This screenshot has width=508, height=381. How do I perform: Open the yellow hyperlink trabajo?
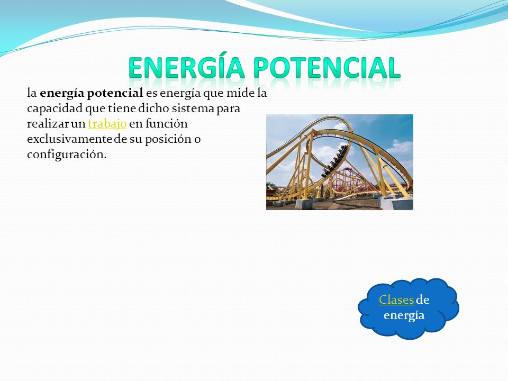coord(107,124)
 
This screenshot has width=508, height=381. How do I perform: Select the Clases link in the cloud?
coord(396,300)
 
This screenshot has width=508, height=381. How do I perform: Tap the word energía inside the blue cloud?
coord(404,315)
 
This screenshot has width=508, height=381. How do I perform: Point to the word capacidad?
coord(55,109)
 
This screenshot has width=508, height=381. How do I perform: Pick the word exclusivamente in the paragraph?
coord(69,139)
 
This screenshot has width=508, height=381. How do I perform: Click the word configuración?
coord(67,155)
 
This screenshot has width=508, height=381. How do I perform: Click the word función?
coord(166,123)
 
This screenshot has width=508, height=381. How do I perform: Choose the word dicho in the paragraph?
coord(153,108)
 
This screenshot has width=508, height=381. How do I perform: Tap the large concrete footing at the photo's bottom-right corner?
coord(396,203)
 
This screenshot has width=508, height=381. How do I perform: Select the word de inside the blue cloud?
coord(422,300)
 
